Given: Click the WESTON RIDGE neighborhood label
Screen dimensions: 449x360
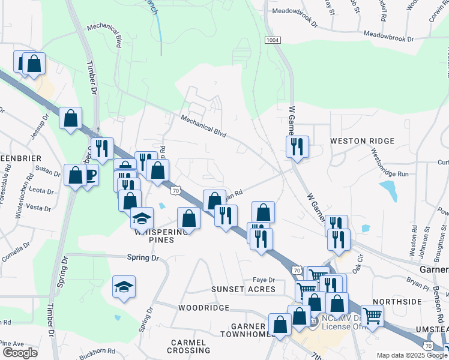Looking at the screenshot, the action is click(x=362, y=141).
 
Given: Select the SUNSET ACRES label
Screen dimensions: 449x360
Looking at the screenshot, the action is click(x=243, y=289).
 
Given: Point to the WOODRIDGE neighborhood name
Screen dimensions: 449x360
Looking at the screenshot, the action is click(x=203, y=308).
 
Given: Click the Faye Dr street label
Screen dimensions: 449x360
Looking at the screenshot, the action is click(x=264, y=280).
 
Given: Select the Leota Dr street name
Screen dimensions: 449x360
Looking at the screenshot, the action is click(x=41, y=190).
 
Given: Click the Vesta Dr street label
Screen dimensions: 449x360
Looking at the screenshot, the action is click(x=38, y=208).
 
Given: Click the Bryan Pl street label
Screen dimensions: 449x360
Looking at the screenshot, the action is click(x=414, y=280).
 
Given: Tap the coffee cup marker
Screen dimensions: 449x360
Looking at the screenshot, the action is click(x=89, y=175).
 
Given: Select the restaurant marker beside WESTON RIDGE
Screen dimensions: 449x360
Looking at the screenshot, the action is click(x=297, y=146).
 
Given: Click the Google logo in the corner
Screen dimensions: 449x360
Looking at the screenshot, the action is click(x=20, y=353).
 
